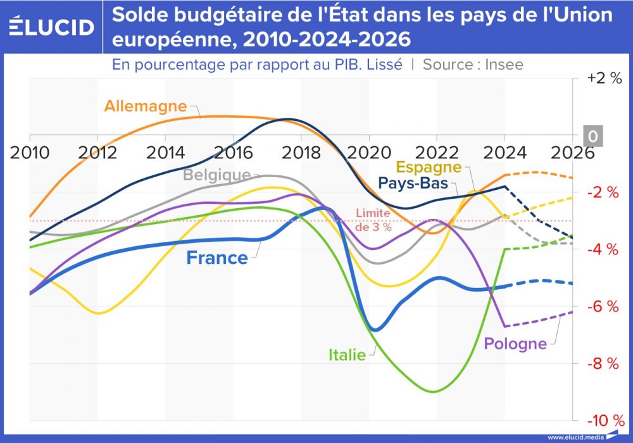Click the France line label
217,258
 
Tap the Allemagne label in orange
146,106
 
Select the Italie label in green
347,355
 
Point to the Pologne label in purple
515,344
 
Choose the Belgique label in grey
217,175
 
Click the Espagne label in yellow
429,167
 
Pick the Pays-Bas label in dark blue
413,184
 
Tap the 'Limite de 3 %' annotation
373,220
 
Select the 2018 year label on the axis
301,153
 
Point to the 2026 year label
571,153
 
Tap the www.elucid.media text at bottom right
575,437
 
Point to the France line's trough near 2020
375,330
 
